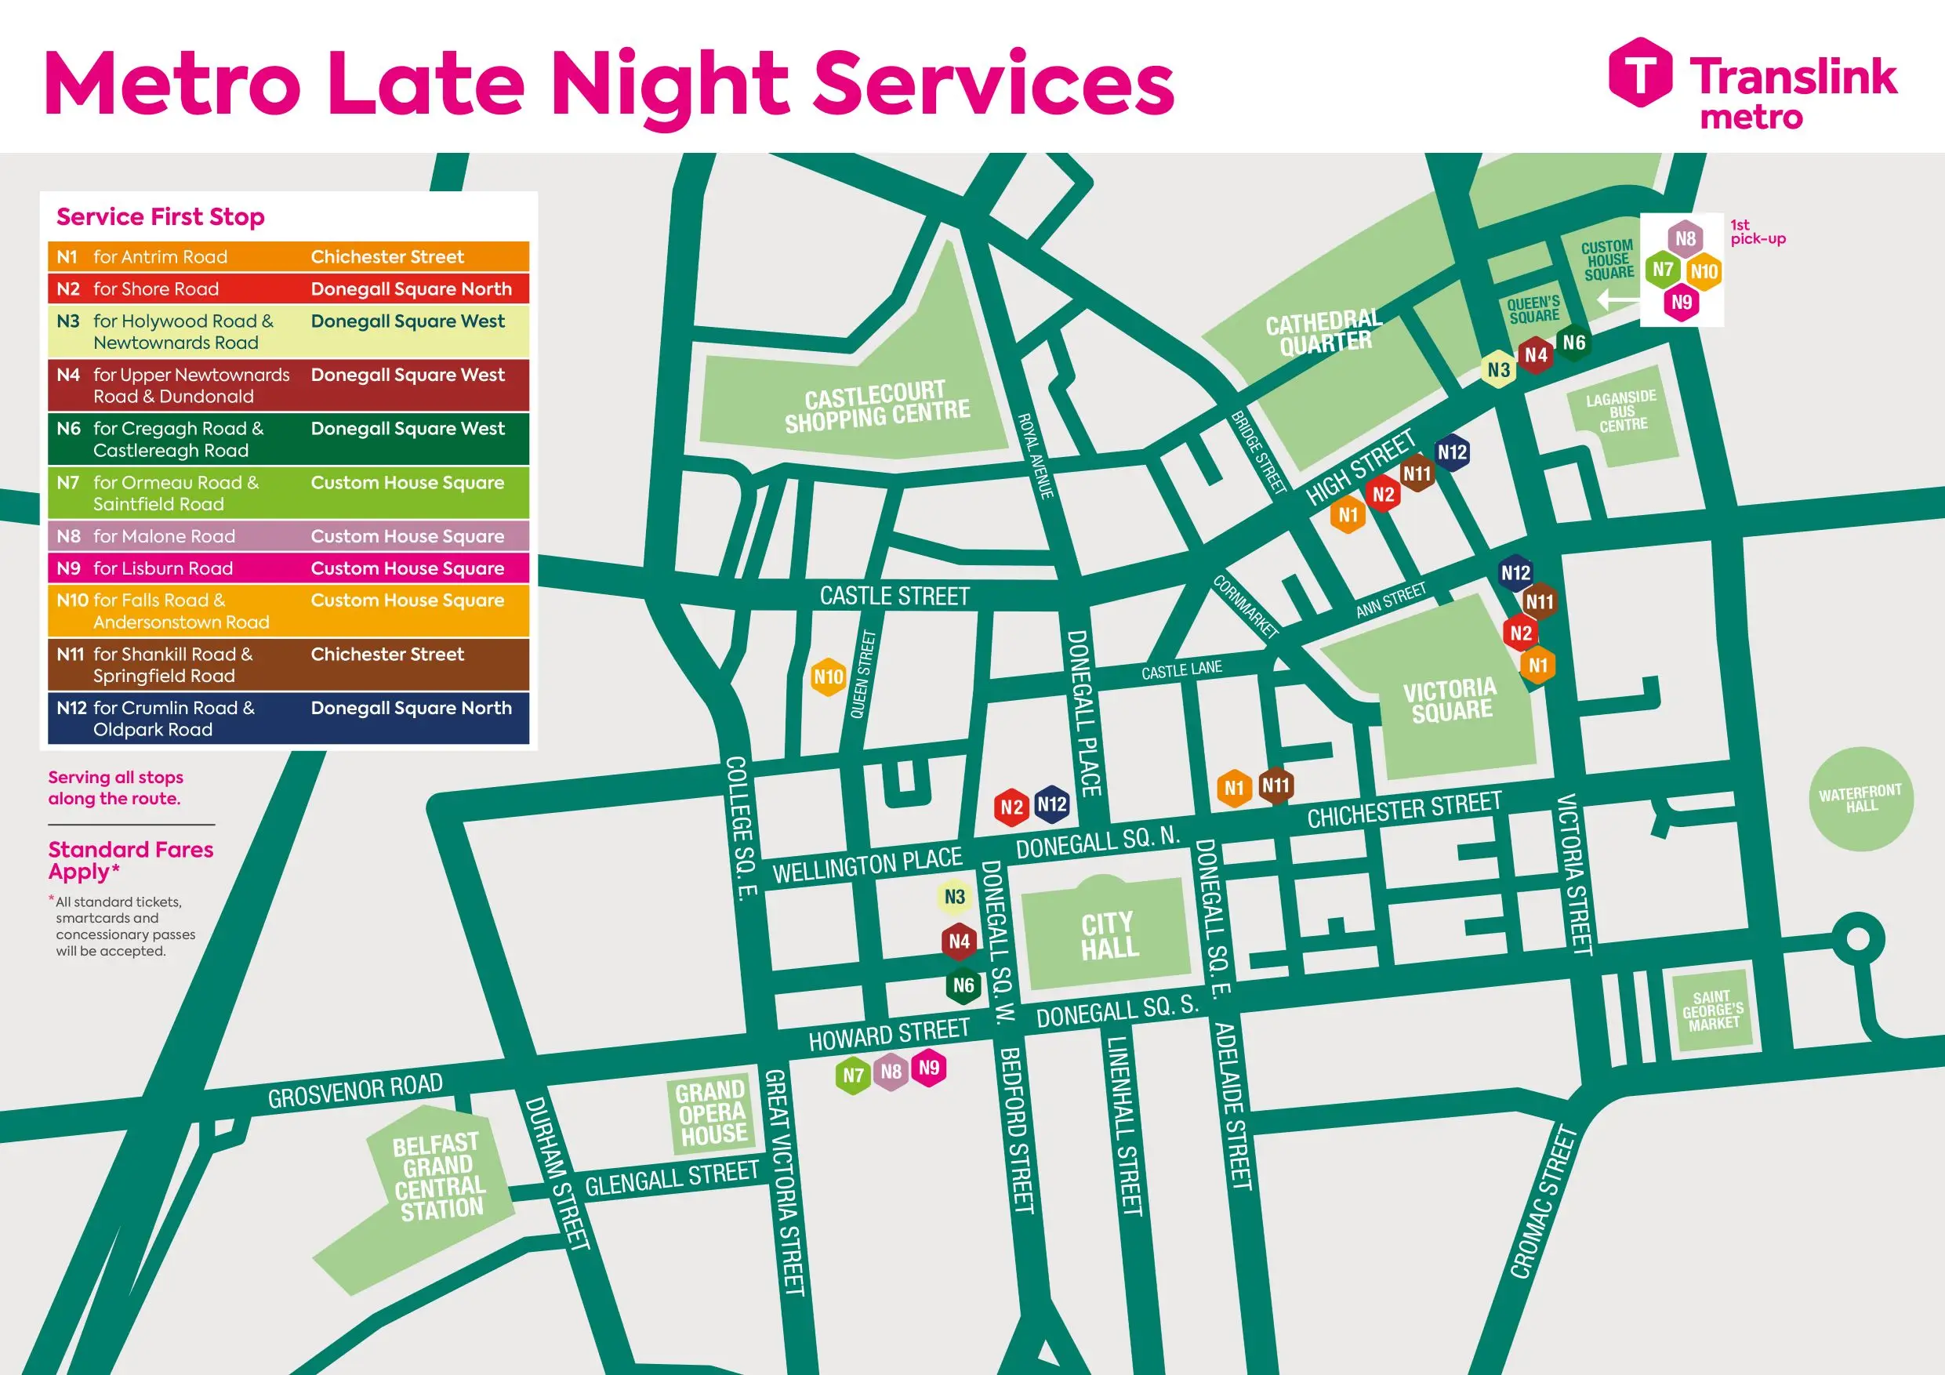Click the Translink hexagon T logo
click(x=1640, y=72)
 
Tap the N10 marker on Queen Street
click(x=828, y=677)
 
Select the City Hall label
click(x=1108, y=935)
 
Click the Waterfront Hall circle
click(x=1860, y=798)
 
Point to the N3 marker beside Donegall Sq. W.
click(x=955, y=897)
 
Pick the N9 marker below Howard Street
click(x=929, y=1068)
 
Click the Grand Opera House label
click(x=712, y=1112)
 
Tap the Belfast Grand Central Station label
click(x=438, y=1177)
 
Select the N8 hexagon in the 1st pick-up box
click(x=1685, y=239)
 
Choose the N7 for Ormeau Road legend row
click(x=288, y=493)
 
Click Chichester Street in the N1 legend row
click(x=387, y=256)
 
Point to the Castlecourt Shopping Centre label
click(x=876, y=407)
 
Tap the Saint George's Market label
click(x=1713, y=1010)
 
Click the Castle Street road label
click(x=894, y=596)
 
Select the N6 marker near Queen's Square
click(x=1574, y=343)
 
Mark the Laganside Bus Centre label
click(x=1621, y=411)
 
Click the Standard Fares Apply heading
click(x=130, y=860)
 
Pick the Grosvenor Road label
click(x=355, y=1090)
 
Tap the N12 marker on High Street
click(x=1452, y=452)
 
